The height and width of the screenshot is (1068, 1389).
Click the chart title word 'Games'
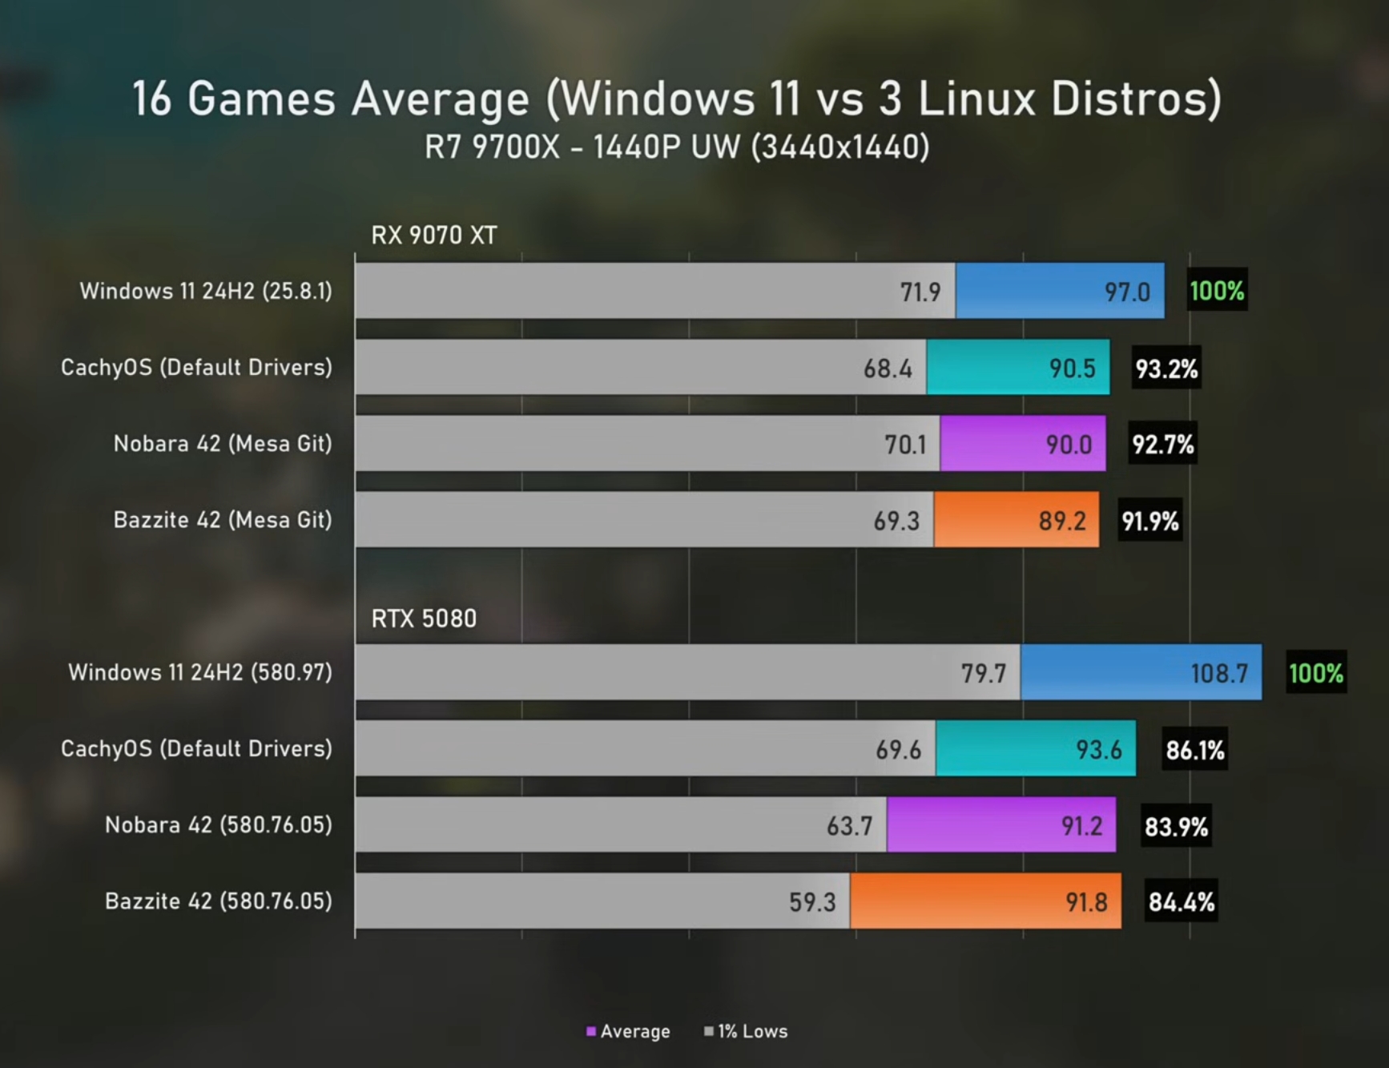(x=261, y=99)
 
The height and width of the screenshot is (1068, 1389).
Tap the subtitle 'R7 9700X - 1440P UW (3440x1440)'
(x=677, y=147)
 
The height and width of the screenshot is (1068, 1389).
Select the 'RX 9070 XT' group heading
(x=434, y=236)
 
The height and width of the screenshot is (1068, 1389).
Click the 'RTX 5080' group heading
(x=424, y=619)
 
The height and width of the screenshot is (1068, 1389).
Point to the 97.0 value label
(x=1127, y=292)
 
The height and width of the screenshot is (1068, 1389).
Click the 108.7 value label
(x=1218, y=673)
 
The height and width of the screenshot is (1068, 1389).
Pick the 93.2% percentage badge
(x=1166, y=369)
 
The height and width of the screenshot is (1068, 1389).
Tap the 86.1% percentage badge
(x=1194, y=750)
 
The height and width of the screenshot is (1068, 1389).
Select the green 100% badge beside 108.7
(x=1315, y=673)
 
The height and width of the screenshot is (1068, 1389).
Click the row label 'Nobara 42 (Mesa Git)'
(x=223, y=444)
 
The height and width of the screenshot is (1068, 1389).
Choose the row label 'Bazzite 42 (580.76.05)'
(x=219, y=901)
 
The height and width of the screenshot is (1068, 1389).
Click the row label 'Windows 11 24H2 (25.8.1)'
(x=206, y=291)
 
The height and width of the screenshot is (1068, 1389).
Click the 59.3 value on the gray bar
(x=811, y=902)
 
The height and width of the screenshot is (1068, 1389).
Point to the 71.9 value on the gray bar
(x=920, y=292)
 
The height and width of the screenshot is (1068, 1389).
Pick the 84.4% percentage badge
(x=1181, y=902)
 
